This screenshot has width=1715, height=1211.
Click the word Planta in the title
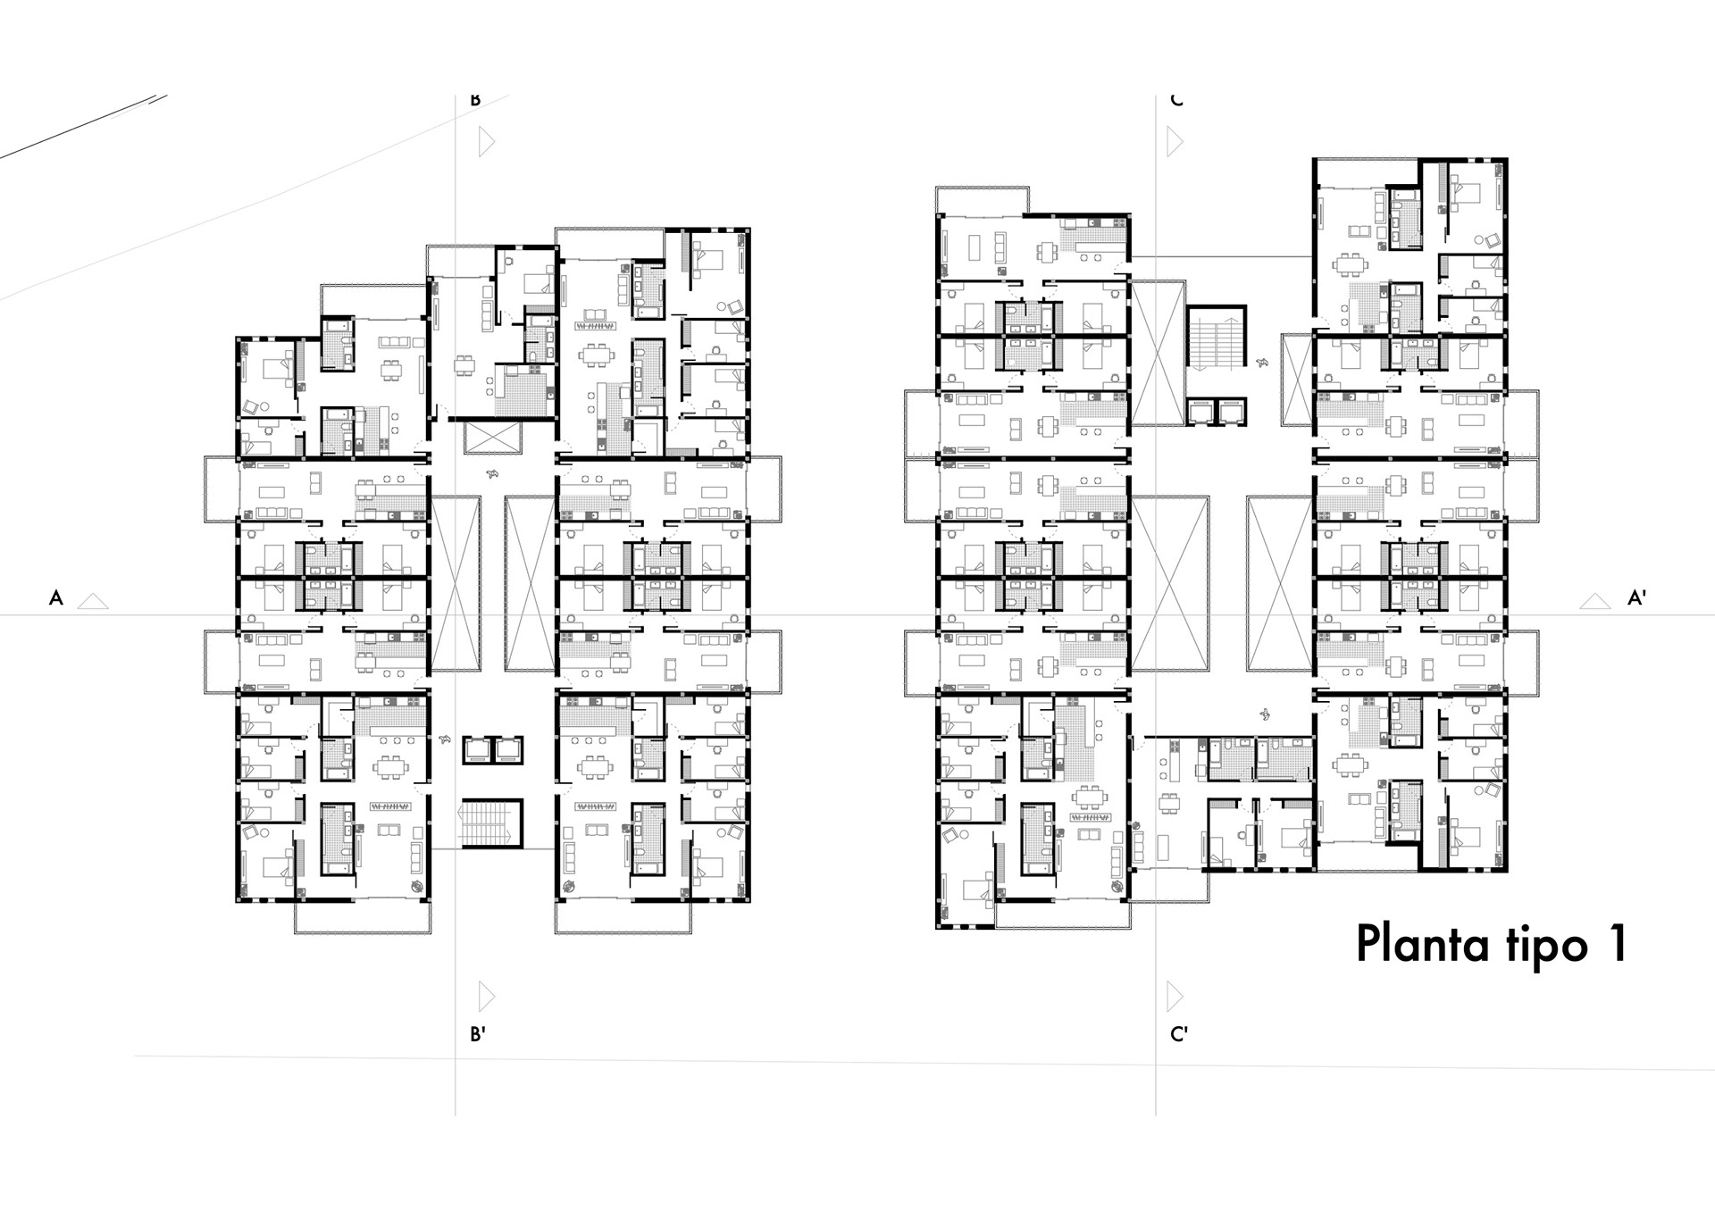click(x=1425, y=944)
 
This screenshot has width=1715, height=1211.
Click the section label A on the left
click(x=56, y=598)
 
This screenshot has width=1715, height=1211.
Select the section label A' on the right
click(x=1636, y=598)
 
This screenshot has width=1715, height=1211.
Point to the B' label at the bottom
click(x=478, y=1034)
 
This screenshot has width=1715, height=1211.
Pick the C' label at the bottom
click(x=1179, y=1034)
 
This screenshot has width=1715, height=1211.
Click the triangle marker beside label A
click(x=93, y=602)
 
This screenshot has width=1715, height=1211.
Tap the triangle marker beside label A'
click(x=1594, y=602)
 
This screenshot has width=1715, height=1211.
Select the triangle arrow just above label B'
click(x=486, y=996)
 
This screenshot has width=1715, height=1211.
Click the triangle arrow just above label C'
click(x=1175, y=996)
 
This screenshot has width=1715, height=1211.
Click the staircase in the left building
click(x=490, y=823)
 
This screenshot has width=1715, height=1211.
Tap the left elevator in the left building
click(x=476, y=750)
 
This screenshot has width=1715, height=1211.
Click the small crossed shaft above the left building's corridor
click(x=492, y=438)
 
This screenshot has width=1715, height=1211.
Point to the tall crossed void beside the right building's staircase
click(x=1158, y=353)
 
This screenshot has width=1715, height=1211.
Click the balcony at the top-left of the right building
click(x=982, y=201)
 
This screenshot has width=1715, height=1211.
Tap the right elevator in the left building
click(x=508, y=750)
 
